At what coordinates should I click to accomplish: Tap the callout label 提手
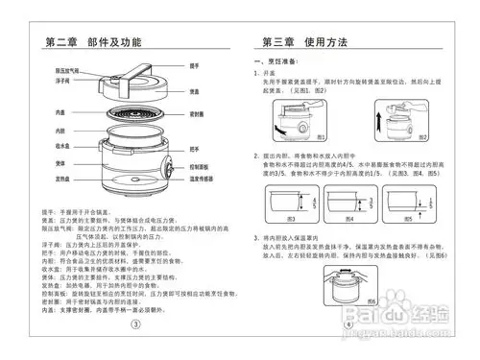click(194, 65)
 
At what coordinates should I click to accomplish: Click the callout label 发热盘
click(60, 180)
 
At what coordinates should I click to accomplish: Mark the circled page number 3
click(135, 324)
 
